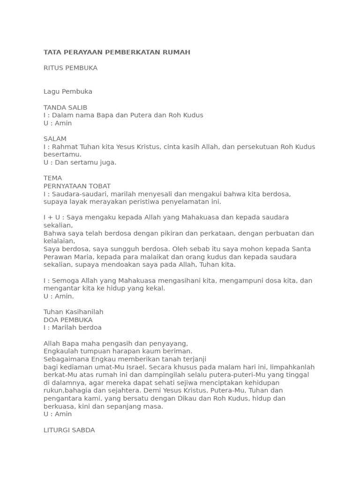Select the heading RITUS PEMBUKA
click(70, 68)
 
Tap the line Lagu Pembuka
click(68, 91)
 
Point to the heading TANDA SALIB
click(65, 107)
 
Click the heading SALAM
click(55, 139)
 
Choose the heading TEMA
click(52, 178)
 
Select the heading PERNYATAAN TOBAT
click(77, 186)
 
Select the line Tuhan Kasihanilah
click(73, 312)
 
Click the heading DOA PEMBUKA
click(68, 320)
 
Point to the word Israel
click(135, 367)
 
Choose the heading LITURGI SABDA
click(69, 430)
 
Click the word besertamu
click(62, 155)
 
